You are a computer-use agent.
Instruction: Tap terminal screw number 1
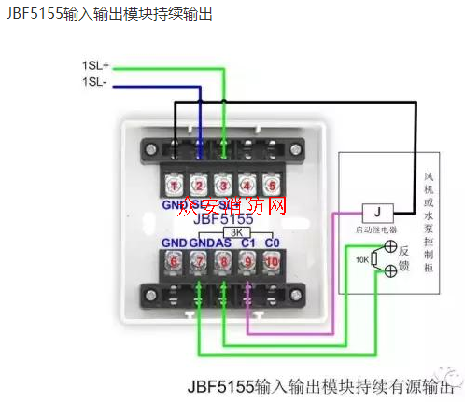pos(174,185)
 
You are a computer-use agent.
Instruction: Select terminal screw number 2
pos(198,185)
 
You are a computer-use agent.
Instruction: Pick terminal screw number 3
pos(222,185)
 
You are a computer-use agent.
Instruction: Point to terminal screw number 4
pos(247,185)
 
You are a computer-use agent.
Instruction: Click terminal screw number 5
pos(271,185)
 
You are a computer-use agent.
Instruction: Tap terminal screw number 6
pos(174,263)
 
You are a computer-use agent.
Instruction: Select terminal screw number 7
pos(198,263)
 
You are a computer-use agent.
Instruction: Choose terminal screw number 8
pos(222,263)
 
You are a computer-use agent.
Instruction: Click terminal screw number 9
pos(247,263)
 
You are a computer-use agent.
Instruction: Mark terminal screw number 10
pos(271,263)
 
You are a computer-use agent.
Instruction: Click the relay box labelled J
pos(375,211)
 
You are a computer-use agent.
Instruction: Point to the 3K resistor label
pos(237,230)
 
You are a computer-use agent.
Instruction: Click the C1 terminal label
pos(247,243)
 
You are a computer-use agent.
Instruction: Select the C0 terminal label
pos(271,243)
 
